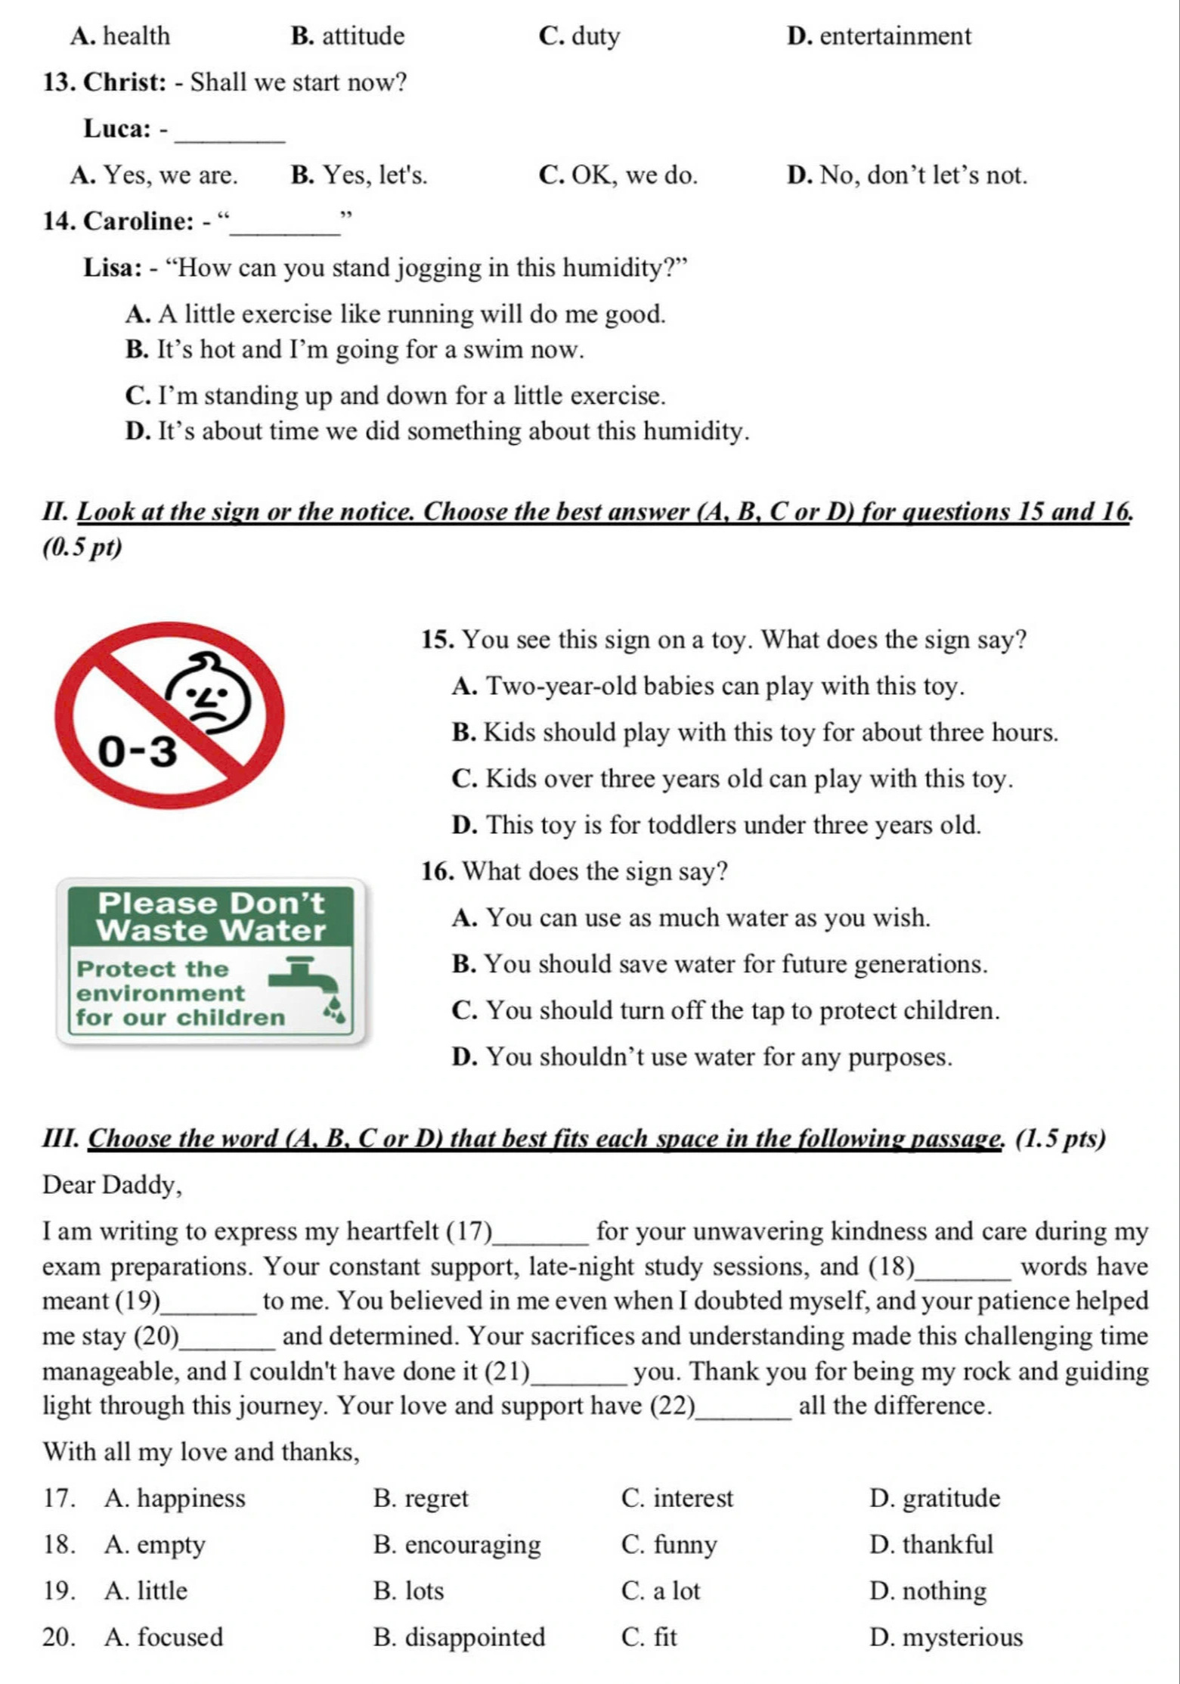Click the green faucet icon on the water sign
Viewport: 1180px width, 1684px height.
305,975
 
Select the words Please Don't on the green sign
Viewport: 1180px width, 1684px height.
211,903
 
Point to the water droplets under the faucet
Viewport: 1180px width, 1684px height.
333,1009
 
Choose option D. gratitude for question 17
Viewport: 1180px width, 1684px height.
934,1498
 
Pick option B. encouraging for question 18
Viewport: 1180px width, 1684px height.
457,1544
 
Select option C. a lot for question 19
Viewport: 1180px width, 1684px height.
661,1590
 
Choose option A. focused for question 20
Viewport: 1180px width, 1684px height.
164,1636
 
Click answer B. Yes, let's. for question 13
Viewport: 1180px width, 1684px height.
358,175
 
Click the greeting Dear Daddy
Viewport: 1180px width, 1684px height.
113,1184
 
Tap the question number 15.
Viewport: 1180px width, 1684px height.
437,640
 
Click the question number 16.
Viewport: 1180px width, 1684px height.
437,871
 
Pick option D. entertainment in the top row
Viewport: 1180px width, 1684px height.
878,36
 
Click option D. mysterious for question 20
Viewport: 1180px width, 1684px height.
946,1636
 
